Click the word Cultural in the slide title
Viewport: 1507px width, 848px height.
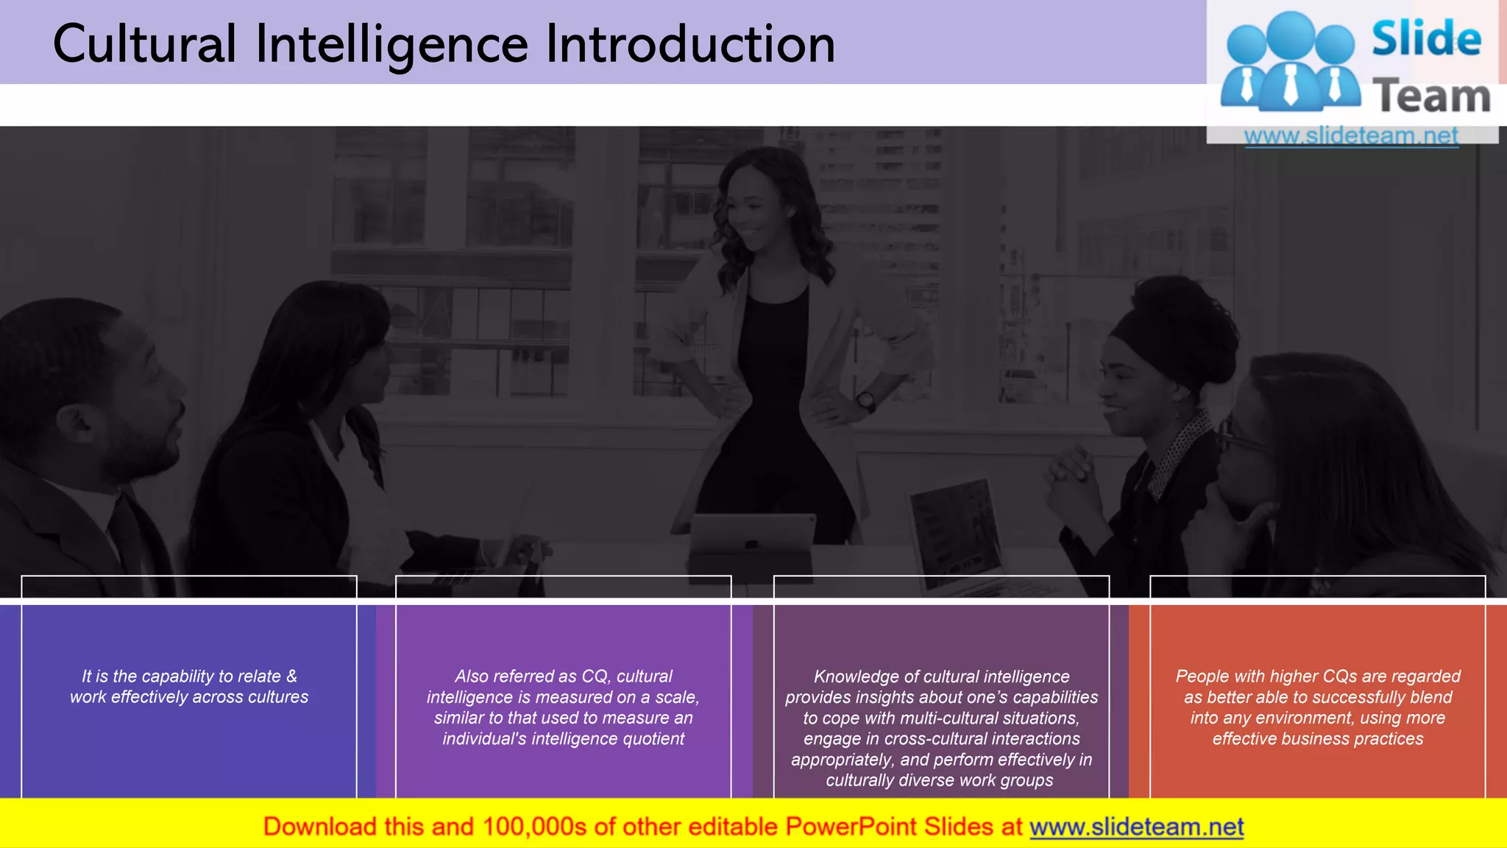pos(144,44)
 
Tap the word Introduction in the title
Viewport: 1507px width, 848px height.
pos(690,44)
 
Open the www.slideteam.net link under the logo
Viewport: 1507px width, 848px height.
pos(1351,135)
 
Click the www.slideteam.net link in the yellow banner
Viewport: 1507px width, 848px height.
pos(1136,827)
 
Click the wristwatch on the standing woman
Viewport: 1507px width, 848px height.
pos(866,402)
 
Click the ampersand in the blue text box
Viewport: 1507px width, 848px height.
pos(292,676)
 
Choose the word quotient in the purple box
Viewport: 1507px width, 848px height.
pos(653,738)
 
